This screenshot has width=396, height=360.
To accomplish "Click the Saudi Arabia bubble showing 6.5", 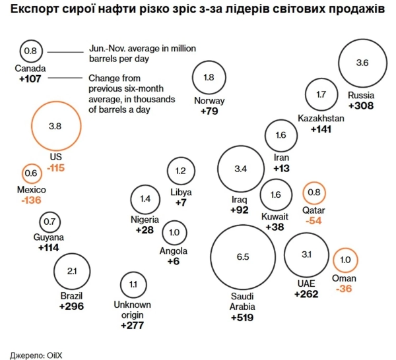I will (x=242, y=257).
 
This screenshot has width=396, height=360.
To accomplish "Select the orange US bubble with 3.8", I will (x=55, y=125).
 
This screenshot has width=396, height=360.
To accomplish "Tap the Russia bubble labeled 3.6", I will (x=362, y=63).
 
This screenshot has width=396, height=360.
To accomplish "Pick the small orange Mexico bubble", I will (x=31, y=173).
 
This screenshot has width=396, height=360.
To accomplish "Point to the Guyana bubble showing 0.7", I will (x=49, y=222).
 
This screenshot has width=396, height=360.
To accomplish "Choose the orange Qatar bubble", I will (x=314, y=193).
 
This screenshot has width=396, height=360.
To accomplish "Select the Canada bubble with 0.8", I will (x=30, y=51).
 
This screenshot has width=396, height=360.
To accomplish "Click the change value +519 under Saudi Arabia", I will (x=242, y=318).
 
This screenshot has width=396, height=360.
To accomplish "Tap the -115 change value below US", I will (x=55, y=168).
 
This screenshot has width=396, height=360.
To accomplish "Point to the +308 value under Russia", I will (x=361, y=105).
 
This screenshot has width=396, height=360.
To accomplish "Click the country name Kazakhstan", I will (x=321, y=118).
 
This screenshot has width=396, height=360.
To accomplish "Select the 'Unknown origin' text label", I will (x=133, y=309).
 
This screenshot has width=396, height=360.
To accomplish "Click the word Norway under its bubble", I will (x=209, y=101).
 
